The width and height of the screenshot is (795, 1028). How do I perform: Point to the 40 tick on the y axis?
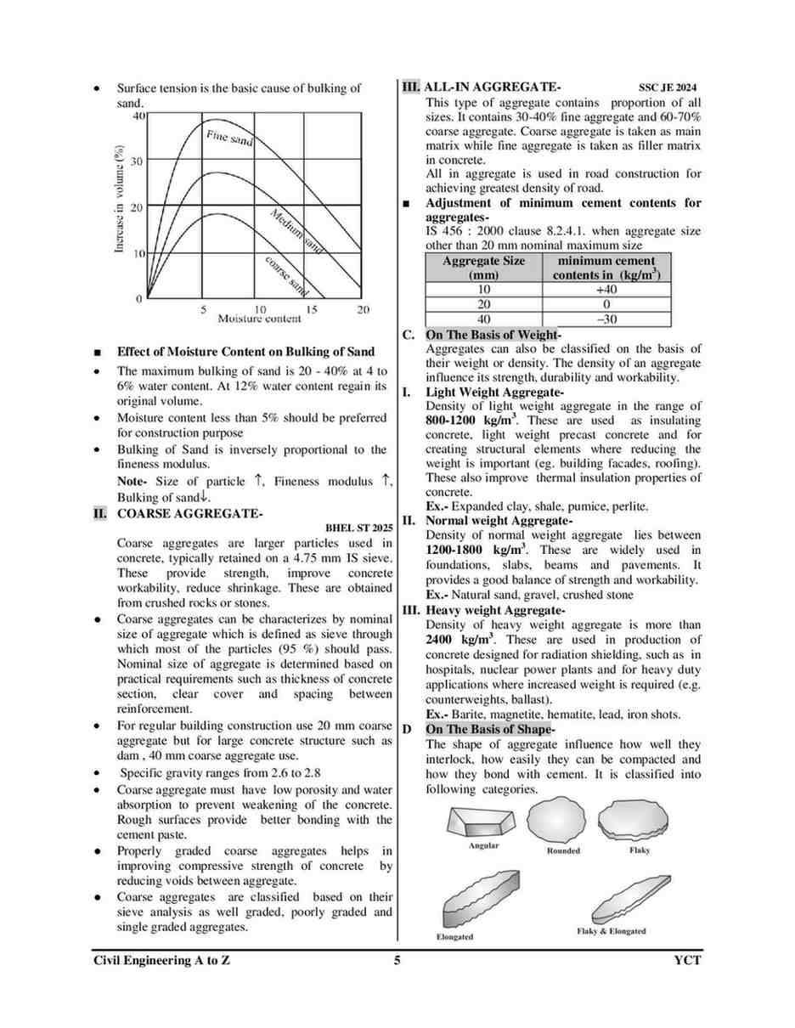tap(138, 115)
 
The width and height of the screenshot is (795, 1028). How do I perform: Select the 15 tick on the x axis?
tap(312, 309)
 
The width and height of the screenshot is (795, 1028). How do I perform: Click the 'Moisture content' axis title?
tap(258, 319)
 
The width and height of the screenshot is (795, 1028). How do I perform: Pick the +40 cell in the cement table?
tap(606, 289)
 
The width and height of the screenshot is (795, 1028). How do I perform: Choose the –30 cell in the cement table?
tap(606, 319)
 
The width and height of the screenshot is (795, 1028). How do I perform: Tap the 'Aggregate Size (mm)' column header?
tap(483, 268)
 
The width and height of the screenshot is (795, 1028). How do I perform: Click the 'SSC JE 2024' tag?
tap(668, 88)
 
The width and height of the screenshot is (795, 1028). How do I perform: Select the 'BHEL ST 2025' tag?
tap(359, 528)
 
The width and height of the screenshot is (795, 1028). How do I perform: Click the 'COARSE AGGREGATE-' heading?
tap(189, 514)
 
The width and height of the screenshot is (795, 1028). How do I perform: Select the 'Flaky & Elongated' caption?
tap(611, 930)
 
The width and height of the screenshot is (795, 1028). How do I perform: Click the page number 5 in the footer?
tap(397, 960)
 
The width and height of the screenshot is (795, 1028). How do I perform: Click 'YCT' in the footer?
tap(686, 960)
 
